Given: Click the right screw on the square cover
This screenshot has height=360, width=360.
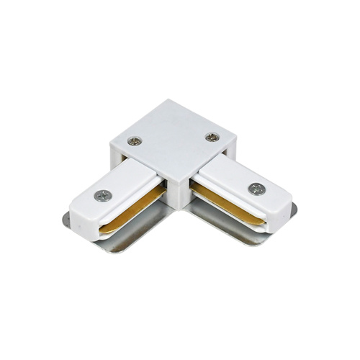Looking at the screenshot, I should (211, 136).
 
